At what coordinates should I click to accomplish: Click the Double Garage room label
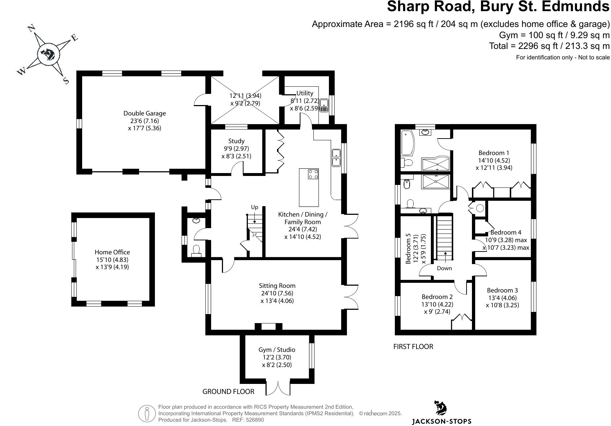pyautogui.click(x=144, y=113)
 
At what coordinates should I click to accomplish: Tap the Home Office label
pyautogui.click(x=112, y=252)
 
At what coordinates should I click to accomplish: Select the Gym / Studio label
pyautogui.click(x=277, y=350)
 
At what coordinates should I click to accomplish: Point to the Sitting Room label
pyautogui.click(x=277, y=286)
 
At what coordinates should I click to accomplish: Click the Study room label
pyautogui.click(x=236, y=141)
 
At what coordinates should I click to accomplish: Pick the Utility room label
pyautogui.click(x=305, y=93)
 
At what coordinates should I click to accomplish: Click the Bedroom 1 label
pyautogui.click(x=494, y=153)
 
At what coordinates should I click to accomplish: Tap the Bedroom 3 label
pyautogui.click(x=502, y=290)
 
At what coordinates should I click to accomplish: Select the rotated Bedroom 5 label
pyautogui.click(x=408, y=249)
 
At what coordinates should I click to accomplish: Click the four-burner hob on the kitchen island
pyautogui.click(x=313, y=174)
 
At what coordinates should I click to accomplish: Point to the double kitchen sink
pyautogui.click(x=336, y=158)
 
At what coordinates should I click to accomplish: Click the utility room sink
pyautogui.click(x=324, y=105)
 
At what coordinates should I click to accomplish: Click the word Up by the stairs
pyautogui.click(x=254, y=207)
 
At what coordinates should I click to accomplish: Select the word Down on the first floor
pyautogui.click(x=444, y=268)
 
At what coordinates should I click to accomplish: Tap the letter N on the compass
pyautogui.click(x=31, y=28)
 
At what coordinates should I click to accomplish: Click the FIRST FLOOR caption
pyautogui.click(x=413, y=346)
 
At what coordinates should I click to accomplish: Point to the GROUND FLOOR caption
pyautogui.click(x=228, y=391)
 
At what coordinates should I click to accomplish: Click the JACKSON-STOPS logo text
pyautogui.click(x=441, y=421)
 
